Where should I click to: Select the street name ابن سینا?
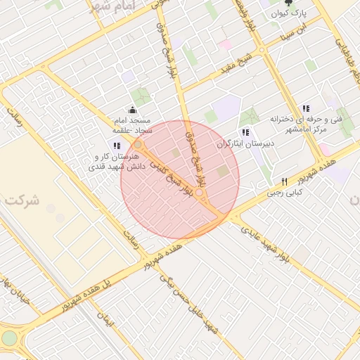point(292,31)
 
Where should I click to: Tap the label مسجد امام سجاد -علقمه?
point(131,125)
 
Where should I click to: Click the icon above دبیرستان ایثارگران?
point(245,132)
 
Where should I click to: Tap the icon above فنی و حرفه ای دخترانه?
point(305,108)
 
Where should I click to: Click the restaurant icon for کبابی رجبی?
point(284,181)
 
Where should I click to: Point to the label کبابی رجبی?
point(284,192)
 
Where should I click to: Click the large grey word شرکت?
point(20,201)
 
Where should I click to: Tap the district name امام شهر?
point(110,7)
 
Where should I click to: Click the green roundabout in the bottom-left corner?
point(8,339)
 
